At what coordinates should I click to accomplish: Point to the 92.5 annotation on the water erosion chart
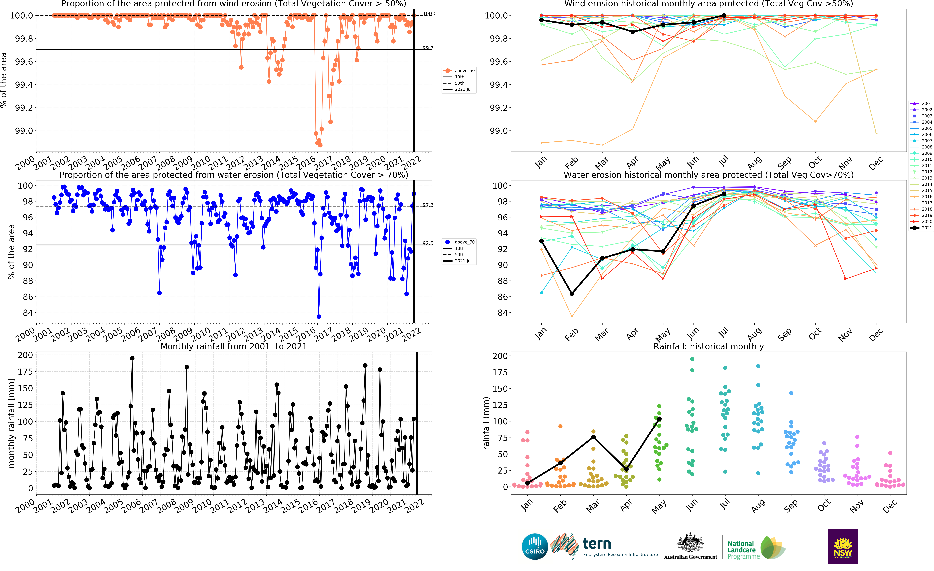pyautogui.click(x=428, y=243)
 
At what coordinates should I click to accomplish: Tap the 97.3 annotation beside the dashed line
pyautogui.click(x=428, y=205)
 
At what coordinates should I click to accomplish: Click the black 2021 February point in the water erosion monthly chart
pyautogui.click(x=572, y=294)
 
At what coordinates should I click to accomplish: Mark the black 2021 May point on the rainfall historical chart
pyautogui.click(x=659, y=419)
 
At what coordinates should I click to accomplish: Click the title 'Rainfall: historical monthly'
pyautogui.click(x=708, y=346)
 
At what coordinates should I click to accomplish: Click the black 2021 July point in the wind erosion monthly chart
pyautogui.click(x=724, y=16)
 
